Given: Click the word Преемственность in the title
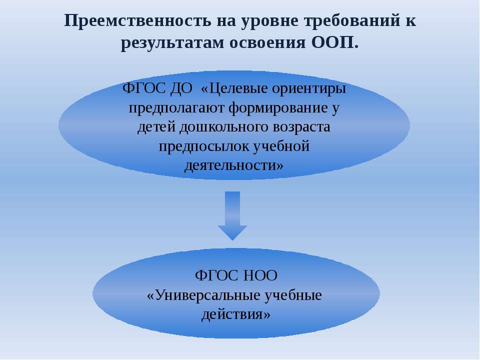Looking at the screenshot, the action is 137,21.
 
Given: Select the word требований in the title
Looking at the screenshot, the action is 352,21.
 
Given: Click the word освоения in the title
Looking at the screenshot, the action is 267,43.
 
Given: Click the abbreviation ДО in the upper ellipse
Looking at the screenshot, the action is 181,89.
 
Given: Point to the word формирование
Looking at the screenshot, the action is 278,108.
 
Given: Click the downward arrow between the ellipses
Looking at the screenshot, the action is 232,216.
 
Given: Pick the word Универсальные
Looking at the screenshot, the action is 207,295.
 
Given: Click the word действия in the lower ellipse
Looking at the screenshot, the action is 232,314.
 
